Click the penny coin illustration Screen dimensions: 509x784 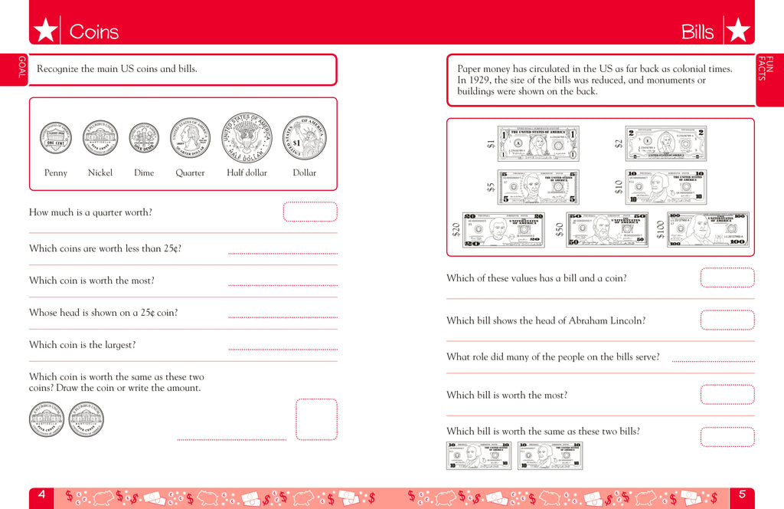point(55,139)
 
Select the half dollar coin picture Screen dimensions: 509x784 point(247,139)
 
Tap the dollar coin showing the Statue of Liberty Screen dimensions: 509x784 point(305,139)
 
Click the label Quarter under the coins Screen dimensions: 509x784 point(190,173)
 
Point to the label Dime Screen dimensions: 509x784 point(144,173)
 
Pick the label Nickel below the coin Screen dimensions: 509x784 point(100,173)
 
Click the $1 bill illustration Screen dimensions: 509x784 point(538,143)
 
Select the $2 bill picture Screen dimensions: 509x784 point(665,143)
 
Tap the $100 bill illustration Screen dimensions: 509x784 point(708,229)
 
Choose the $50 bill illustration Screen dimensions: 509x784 point(606,229)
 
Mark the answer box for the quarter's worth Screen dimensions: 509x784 point(310,212)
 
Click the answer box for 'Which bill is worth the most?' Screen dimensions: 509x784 point(727,395)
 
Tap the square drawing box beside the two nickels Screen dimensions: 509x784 point(316,419)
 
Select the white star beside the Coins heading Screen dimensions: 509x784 point(45,31)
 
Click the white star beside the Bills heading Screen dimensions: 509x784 point(737,31)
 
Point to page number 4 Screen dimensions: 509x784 point(41,495)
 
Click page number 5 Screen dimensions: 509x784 point(741,495)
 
